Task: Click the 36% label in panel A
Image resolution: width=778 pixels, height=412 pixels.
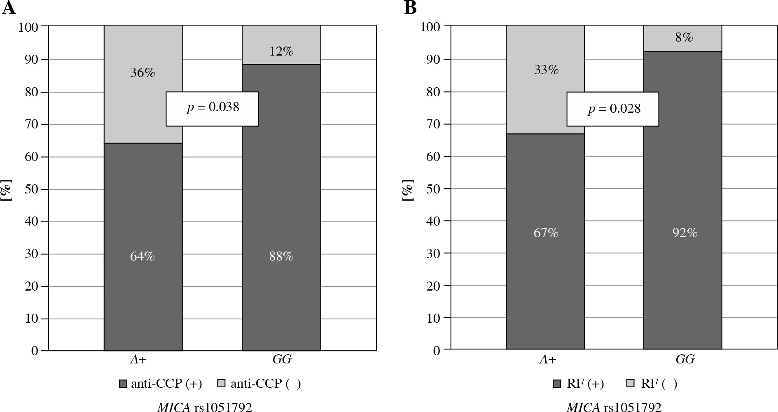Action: [143, 73]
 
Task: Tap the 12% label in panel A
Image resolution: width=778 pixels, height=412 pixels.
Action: [281, 51]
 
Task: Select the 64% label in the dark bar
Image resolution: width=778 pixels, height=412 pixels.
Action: [143, 256]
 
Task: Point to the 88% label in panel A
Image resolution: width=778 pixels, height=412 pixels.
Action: [281, 256]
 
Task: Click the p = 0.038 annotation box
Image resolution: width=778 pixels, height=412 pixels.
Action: [212, 108]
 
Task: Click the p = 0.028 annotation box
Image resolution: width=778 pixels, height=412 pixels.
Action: [613, 109]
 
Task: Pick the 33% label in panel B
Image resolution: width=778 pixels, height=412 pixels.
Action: [546, 70]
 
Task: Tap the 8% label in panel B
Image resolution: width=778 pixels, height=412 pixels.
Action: [684, 37]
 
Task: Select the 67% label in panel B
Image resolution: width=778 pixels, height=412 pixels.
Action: [546, 233]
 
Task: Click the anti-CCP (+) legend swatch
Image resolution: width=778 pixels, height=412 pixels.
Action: [123, 384]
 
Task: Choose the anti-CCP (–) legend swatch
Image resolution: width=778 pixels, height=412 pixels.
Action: [222, 384]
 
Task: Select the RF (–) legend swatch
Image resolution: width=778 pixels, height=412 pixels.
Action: [631, 384]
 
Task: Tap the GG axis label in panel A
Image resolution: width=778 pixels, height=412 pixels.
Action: [282, 359]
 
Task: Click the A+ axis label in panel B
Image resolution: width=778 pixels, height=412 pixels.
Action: [548, 359]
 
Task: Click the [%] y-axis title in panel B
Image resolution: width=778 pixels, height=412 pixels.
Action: [408, 190]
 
